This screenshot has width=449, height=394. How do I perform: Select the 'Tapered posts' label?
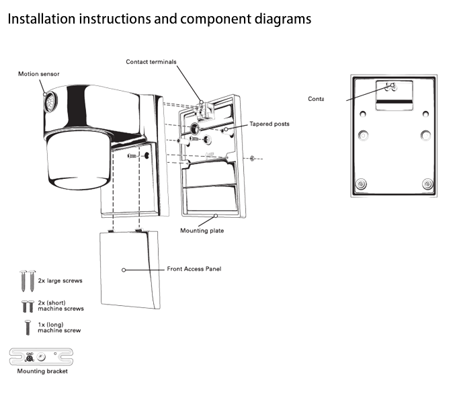pos(270,124)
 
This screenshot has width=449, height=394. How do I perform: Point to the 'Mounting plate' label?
pos(202,231)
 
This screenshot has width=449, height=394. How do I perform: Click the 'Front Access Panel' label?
pos(194,269)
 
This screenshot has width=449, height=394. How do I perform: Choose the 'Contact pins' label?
pos(325,99)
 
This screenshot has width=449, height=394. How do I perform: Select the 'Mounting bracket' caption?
pos(41,370)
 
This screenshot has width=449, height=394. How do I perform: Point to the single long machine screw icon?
pos(26,328)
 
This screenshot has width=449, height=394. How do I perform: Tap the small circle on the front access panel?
pos(124,269)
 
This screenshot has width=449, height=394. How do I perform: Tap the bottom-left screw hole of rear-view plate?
pos(361,183)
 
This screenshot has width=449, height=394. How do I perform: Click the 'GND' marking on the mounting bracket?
pos(29,351)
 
